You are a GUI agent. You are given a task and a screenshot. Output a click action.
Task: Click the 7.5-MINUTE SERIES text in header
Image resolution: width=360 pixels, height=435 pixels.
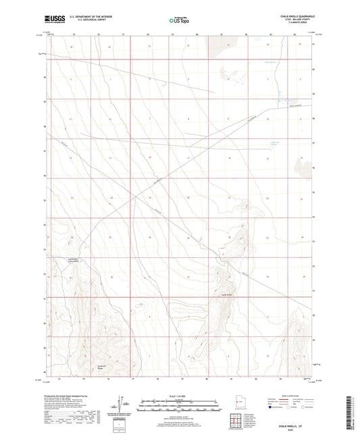click(295, 26)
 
